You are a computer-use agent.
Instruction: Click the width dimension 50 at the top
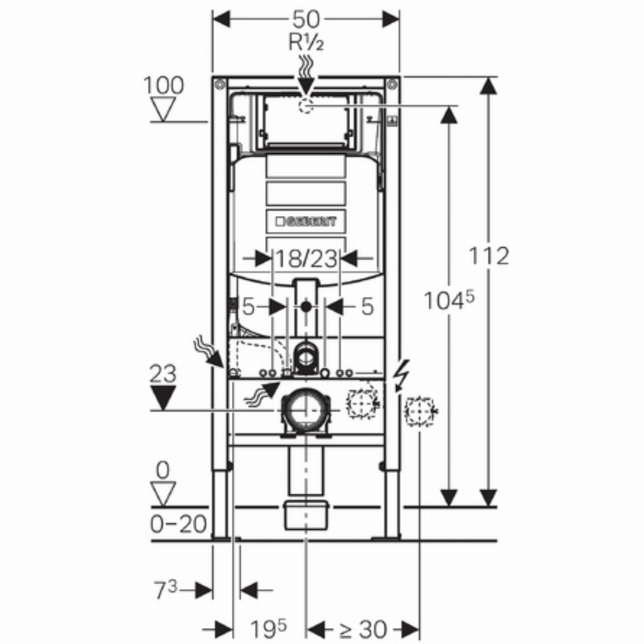tap(306, 19)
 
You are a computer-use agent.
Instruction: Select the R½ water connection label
tap(306, 43)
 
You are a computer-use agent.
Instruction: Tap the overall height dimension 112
tap(488, 256)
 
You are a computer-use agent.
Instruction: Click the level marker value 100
tap(164, 85)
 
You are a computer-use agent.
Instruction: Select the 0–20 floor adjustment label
tap(178, 524)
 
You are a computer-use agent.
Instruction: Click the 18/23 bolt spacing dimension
tap(306, 259)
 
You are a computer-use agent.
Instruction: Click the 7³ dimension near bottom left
tap(166, 590)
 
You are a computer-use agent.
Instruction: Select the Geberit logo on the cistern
tap(306, 222)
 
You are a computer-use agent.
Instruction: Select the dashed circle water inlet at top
tap(306, 105)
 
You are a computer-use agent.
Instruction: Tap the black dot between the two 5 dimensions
tap(306, 307)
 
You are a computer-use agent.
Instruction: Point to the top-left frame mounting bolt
tap(220, 84)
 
